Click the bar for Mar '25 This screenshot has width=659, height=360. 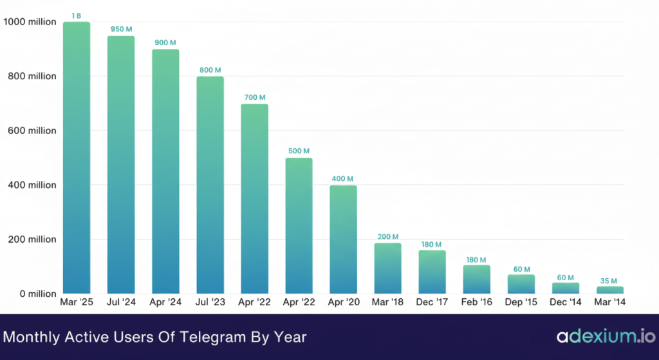coord(77,158)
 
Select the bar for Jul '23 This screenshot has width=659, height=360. coord(210,185)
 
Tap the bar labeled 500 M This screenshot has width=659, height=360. coord(299,225)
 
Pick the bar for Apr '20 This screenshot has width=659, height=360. coord(343,240)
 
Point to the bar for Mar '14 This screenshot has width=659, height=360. coord(610,290)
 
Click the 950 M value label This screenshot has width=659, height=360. coord(121,29)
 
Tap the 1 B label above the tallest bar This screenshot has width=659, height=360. coord(77,15)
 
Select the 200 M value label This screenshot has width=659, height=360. coord(388,236)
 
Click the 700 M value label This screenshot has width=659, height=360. coord(254,97)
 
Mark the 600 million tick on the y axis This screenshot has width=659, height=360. coord(30,131)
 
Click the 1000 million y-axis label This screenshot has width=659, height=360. coord(30,22)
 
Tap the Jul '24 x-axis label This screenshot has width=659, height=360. coord(120,301)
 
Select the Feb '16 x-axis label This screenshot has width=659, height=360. coord(477,301)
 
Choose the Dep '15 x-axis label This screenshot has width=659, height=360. coord(521,301)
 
